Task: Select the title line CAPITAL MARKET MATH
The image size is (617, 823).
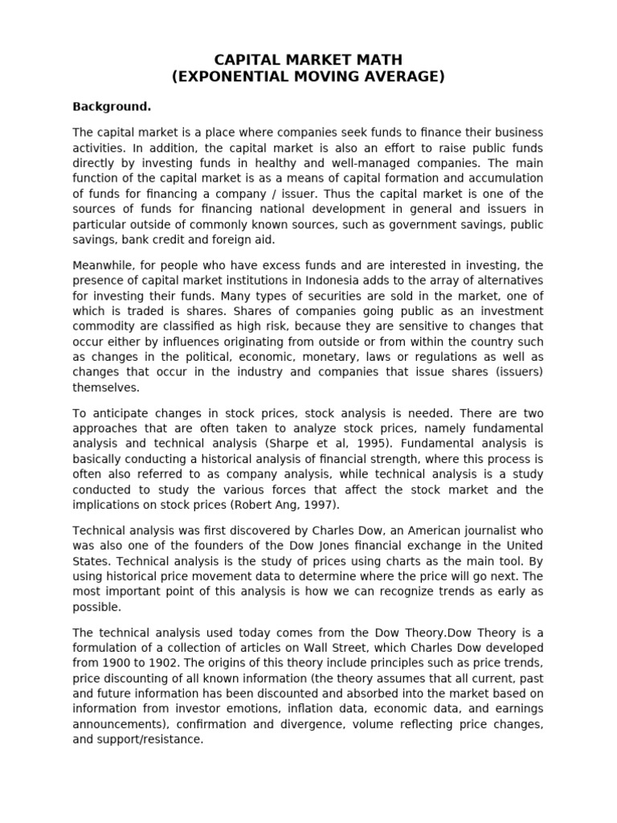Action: coord(308,60)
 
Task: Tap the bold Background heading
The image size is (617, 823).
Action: coord(112,106)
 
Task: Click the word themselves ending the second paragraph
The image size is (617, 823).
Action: coord(105,387)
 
